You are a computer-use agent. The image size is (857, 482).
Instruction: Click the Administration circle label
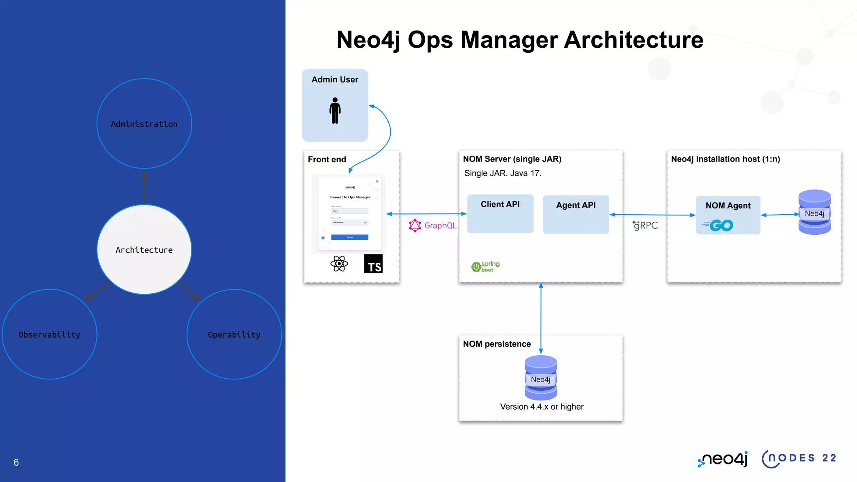click(x=144, y=124)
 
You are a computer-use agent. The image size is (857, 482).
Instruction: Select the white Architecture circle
click(x=144, y=250)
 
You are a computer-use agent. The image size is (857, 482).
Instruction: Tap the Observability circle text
click(x=49, y=335)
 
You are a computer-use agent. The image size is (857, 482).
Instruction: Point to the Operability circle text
click(x=234, y=335)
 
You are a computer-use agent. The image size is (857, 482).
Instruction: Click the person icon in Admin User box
click(x=335, y=110)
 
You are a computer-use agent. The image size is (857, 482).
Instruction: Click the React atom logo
click(x=339, y=264)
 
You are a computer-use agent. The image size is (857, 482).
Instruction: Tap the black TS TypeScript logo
click(x=373, y=264)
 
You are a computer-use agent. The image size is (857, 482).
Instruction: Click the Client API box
click(x=500, y=214)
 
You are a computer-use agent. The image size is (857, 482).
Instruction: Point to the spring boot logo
click(x=485, y=267)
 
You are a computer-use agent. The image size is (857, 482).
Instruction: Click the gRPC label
click(x=645, y=226)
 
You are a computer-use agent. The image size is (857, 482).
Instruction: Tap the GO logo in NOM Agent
click(x=718, y=226)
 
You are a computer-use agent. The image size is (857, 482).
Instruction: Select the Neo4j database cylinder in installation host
click(x=814, y=212)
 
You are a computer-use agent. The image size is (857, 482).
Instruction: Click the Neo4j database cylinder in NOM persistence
click(x=541, y=378)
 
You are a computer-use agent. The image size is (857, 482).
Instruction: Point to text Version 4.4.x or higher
click(x=541, y=407)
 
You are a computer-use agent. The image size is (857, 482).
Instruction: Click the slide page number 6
click(x=16, y=462)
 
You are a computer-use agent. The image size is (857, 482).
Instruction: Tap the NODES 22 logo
click(x=799, y=459)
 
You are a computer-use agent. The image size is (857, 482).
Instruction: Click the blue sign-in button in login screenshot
click(x=349, y=237)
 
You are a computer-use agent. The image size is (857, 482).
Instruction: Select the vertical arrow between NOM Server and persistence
click(x=541, y=318)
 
